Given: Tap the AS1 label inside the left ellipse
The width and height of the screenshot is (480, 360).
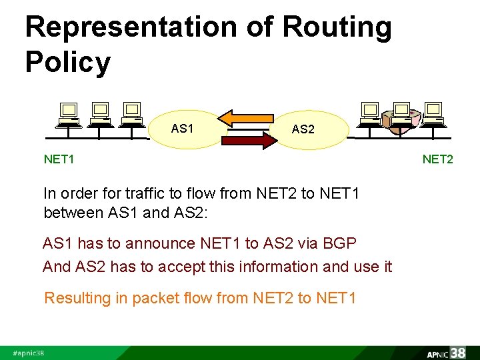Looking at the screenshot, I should (x=182, y=127).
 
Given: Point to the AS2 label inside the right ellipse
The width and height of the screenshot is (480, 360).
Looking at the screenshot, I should (x=303, y=129).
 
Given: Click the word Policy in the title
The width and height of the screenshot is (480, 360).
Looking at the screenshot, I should (x=67, y=63).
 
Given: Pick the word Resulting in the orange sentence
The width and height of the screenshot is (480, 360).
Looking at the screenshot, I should (x=77, y=298).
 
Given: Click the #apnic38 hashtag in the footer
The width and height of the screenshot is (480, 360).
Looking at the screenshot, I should (x=29, y=353).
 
